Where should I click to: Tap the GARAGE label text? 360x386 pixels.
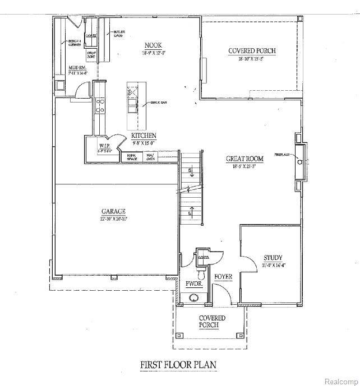click(x=113, y=211)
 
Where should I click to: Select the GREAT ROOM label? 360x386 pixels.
click(x=241, y=159)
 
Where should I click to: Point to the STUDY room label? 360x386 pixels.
click(x=273, y=258)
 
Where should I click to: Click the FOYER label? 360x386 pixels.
click(x=223, y=277)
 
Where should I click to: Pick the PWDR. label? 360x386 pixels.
click(x=193, y=285)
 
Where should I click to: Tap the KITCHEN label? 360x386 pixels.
click(x=144, y=136)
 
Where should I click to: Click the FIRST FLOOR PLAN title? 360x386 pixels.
click(x=178, y=365)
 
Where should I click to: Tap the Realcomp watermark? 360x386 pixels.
click(x=339, y=381)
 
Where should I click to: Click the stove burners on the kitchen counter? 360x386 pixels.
click(x=101, y=105)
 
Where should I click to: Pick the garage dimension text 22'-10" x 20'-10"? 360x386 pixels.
click(x=113, y=218)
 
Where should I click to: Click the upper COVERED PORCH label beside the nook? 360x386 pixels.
click(x=252, y=51)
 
